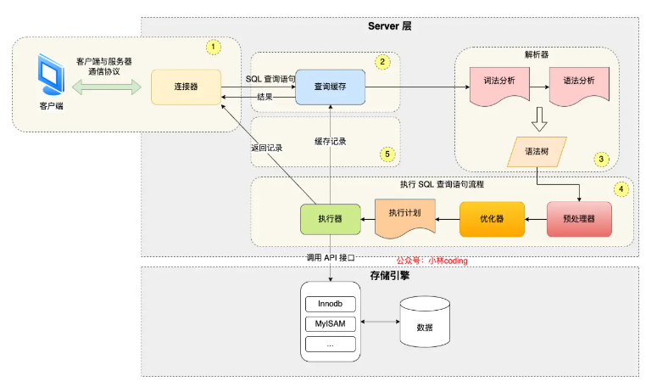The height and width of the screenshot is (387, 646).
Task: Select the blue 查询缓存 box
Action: (x=328, y=87)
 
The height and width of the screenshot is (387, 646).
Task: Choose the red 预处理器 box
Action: (x=579, y=219)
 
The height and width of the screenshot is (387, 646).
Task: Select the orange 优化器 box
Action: (x=492, y=219)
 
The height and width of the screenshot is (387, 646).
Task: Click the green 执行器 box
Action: (x=330, y=219)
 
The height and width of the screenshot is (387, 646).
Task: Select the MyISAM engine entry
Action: (x=330, y=324)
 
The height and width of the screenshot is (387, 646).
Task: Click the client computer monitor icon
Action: (x=52, y=77)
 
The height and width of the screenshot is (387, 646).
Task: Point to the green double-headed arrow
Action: (x=107, y=88)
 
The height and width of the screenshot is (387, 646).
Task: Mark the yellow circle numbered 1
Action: (x=214, y=46)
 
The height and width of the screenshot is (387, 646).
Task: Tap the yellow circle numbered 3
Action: (x=601, y=159)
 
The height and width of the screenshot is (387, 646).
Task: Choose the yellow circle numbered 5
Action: (x=387, y=154)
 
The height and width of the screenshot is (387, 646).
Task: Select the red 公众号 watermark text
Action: (x=432, y=261)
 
